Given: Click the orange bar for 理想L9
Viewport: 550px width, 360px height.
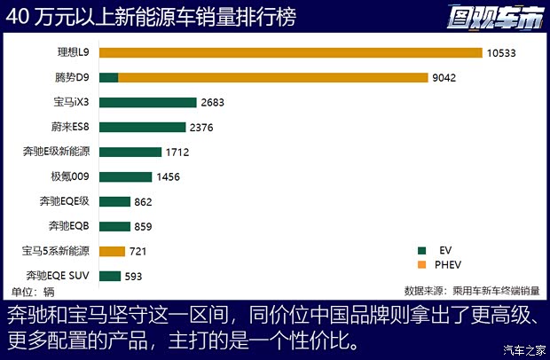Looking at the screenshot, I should pos(290,53).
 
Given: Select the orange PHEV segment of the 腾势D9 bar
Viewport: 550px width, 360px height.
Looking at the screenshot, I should pos(275,78).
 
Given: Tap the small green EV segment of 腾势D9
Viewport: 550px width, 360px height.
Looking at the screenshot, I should pos(108,78).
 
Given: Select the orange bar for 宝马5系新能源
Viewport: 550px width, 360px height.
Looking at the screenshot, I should pos(113,252).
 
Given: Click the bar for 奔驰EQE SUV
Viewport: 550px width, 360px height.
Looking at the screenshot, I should pos(110,276).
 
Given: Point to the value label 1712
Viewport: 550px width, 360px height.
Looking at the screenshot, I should pos(177,153).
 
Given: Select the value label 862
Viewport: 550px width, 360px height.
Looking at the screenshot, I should pos(144,202).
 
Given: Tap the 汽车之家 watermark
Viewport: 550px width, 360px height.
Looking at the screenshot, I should pos(522,348).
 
